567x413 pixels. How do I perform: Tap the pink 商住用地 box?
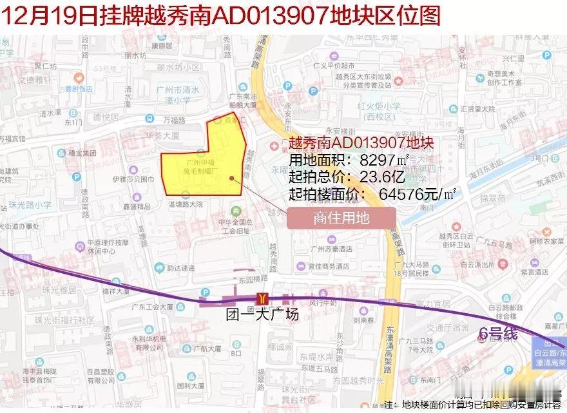pyautogui.click(x=341, y=218)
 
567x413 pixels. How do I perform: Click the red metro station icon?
pyautogui.click(x=262, y=298)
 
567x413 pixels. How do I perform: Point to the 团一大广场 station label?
pyautogui.click(x=255, y=316)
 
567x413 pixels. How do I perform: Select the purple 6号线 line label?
pyautogui.click(x=498, y=333)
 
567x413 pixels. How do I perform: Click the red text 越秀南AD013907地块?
pyautogui.click(x=360, y=144)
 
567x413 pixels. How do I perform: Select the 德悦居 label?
pyautogui.click(x=106, y=117)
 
